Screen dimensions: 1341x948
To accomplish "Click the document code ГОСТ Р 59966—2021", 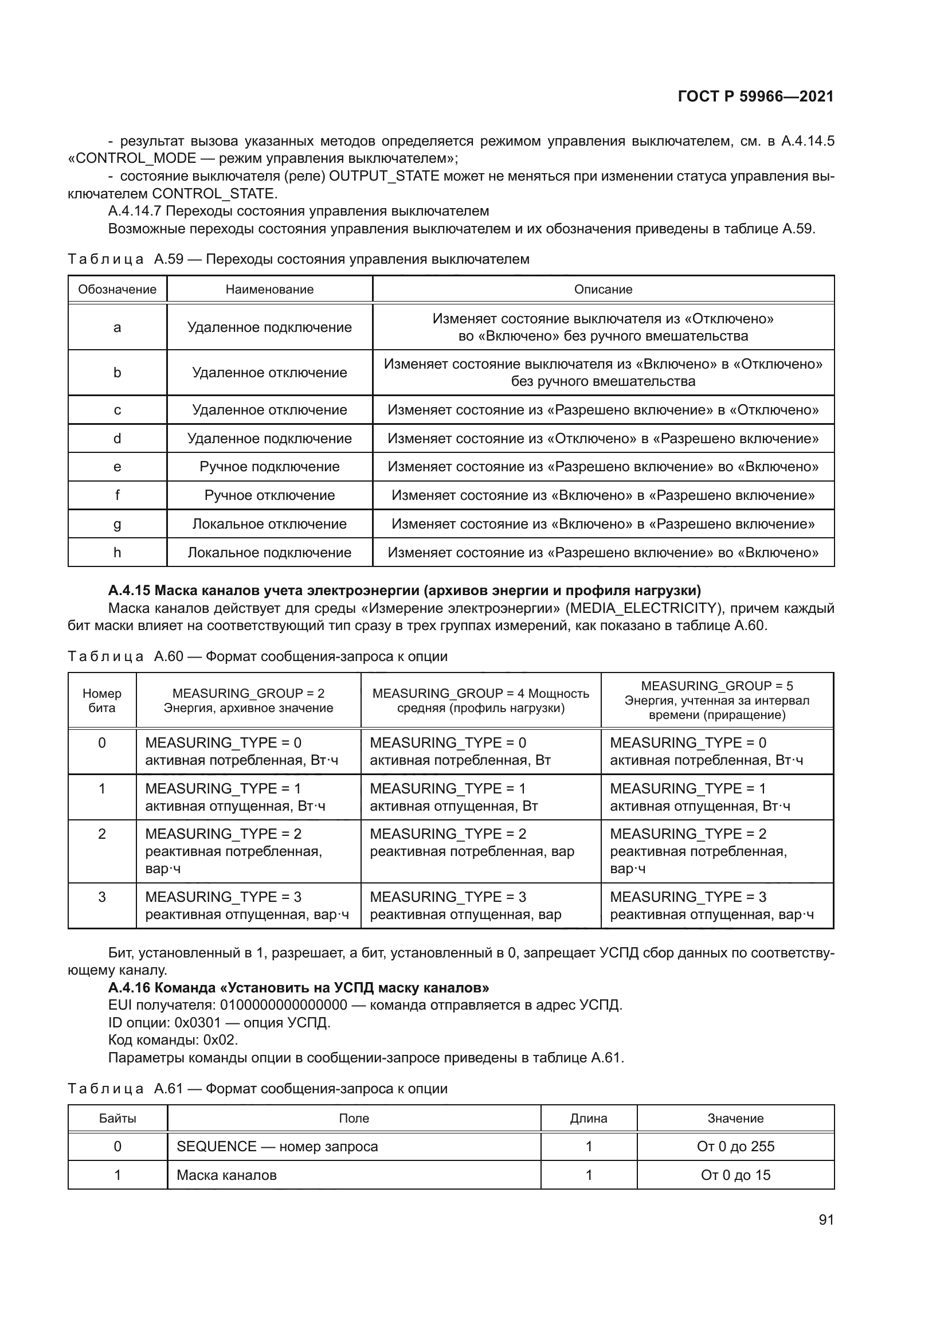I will [x=755, y=96].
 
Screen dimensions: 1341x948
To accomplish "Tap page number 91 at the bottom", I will [x=826, y=1219].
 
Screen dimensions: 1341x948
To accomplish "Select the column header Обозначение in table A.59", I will [x=117, y=289].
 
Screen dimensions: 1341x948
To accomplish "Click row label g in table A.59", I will [x=117, y=524].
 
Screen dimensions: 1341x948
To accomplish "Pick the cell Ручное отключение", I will [x=269, y=495].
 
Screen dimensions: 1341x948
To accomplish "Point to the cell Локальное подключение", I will [x=269, y=553].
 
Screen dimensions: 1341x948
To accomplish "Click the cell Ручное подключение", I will [x=269, y=467].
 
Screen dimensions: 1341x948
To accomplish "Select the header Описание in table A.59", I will [x=603, y=289].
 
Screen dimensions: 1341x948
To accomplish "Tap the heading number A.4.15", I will [x=129, y=591].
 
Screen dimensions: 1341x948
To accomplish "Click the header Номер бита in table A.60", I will [x=101, y=700].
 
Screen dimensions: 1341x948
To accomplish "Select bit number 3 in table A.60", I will [x=101, y=897].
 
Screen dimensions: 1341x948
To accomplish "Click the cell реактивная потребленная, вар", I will [x=472, y=851].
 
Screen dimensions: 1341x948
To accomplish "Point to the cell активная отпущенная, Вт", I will [x=453, y=806].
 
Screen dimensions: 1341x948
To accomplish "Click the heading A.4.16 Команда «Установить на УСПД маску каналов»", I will [x=298, y=987].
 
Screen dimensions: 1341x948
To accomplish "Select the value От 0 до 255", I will [x=735, y=1146].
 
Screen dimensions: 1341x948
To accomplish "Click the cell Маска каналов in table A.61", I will [x=226, y=1175].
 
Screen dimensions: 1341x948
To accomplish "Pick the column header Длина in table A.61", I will [x=589, y=1118].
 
